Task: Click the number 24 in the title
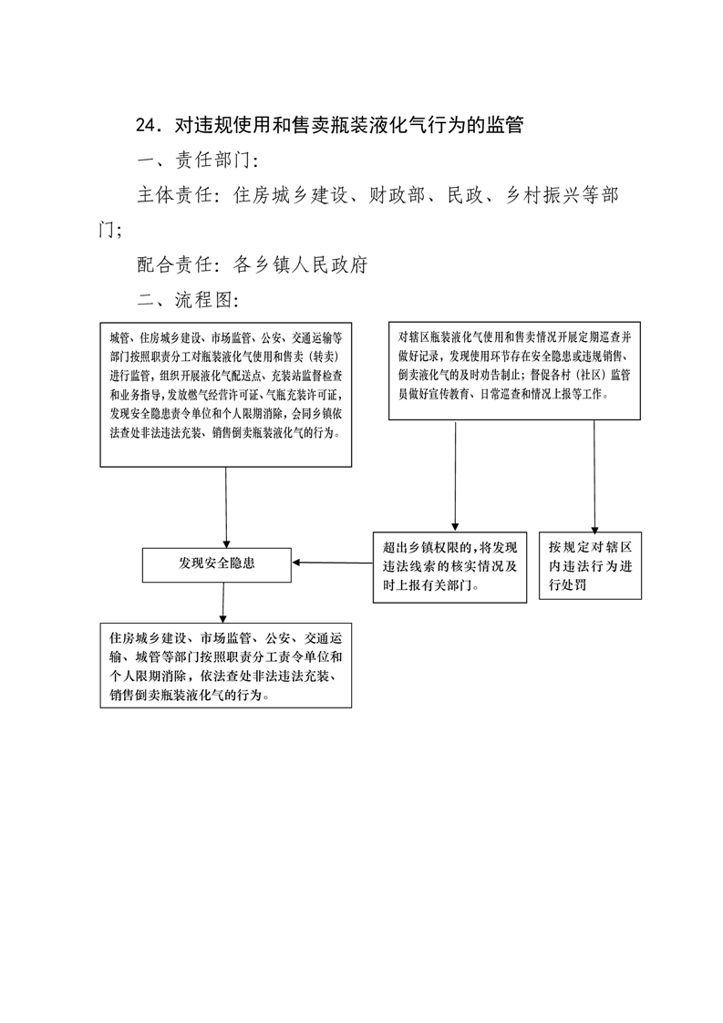144,125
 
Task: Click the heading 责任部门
213,160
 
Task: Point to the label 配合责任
175,265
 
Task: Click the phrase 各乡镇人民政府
301,265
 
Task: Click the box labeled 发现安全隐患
217,563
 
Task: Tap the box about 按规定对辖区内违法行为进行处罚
590,565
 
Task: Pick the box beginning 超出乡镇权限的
449,566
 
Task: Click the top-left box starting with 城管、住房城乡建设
226,394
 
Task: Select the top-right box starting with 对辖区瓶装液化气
514,370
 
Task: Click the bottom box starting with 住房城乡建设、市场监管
226,666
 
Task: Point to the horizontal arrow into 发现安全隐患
332,563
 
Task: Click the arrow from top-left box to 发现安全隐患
226,508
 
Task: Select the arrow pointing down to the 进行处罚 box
594,476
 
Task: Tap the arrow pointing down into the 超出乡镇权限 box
455,476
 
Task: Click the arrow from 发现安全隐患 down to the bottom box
223,603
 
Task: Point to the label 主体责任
175,195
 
